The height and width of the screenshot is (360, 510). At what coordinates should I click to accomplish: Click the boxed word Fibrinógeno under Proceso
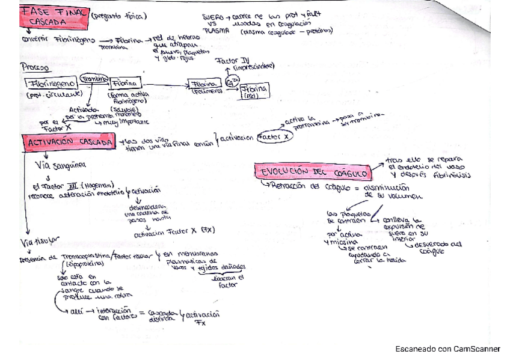tap(51, 84)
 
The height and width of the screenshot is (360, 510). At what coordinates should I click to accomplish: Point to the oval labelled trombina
tap(94, 79)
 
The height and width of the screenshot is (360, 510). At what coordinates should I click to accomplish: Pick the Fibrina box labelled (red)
tap(254, 91)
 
